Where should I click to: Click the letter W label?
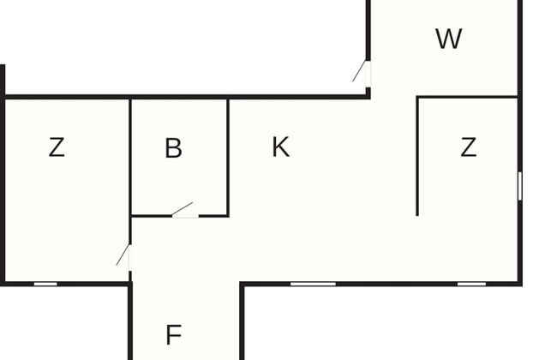[x=449, y=39]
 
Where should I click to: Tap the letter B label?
[x=174, y=147]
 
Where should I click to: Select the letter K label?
[x=280, y=147]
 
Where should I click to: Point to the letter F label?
[x=174, y=335]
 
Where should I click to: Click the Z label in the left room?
[x=57, y=147]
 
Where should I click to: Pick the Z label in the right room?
[x=468, y=147]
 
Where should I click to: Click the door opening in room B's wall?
[x=185, y=216]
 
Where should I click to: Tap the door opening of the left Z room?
[x=130, y=258]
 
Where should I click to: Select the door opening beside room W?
[x=368, y=75]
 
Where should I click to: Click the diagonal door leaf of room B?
[x=183, y=209]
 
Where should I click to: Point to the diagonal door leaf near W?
[x=359, y=71]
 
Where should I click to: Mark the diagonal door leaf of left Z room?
[x=123, y=255]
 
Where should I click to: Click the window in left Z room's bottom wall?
[x=45, y=284]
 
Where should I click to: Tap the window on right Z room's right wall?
[x=519, y=186]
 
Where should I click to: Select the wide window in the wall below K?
[x=313, y=284]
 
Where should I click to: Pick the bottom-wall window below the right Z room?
[x=471, y=284]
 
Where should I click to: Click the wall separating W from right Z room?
[x=467, y=97]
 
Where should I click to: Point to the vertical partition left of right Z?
[x=417, y=156]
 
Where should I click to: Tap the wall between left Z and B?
[x=130, y=171]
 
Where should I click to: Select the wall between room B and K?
[x=228, y=158]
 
